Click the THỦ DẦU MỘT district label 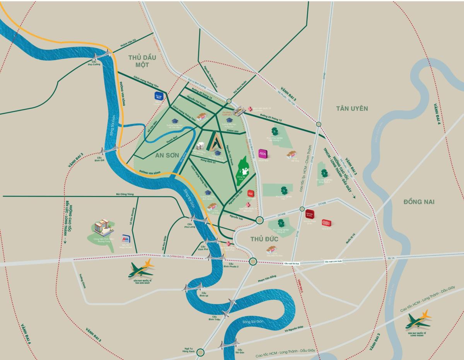tap(142, 61)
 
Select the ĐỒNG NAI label tap(419, 202)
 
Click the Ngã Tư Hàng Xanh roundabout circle tap(200, 352)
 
